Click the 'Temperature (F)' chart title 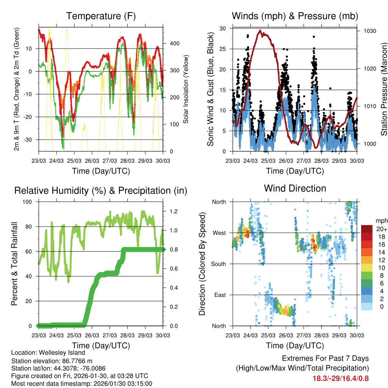[101, 16]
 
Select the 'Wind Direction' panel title [295, 188]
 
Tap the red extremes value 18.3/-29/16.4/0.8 [340, 378]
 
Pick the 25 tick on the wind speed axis [223, 49]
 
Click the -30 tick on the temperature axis [30, 140]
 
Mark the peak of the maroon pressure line [260, 31]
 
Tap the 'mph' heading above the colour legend [380, 221]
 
